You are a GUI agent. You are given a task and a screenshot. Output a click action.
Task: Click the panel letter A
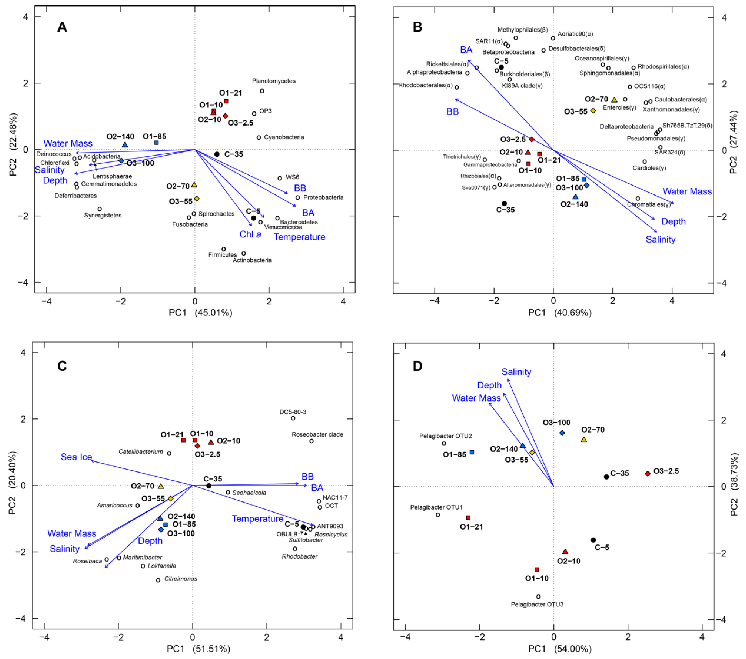click(x=62, y=27)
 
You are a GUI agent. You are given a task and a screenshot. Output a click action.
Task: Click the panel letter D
click(x=417, y=366)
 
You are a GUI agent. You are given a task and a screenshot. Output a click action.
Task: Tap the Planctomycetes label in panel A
click(x=274, y=81)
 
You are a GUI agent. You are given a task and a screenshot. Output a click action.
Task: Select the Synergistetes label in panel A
click(x=103, y=215)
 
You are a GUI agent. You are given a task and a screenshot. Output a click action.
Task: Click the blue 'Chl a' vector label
click(x=250, y=234)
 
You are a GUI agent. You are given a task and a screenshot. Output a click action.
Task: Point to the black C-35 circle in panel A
click(x=217, y=154)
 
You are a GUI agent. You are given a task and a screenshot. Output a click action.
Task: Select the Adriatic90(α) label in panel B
click(x=576, y=34)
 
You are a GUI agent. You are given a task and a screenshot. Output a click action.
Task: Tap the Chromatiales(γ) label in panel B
click(x=649, y=204)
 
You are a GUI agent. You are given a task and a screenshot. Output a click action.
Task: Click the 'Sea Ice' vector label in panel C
click(x=76, y=457)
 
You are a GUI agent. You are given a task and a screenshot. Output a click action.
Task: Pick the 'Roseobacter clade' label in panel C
click(x=317, y=435)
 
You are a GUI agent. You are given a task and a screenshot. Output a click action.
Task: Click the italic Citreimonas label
click(x=181, y=579)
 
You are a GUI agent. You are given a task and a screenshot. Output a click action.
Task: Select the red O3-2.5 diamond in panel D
click(x=648, y=474)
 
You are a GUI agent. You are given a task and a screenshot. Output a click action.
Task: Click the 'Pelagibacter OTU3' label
click(x=537, y=604)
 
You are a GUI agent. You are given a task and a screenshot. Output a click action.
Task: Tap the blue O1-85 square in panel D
click(x=472, y=452)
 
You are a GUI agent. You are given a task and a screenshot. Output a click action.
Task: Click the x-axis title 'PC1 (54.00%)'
click(x=560, y=649)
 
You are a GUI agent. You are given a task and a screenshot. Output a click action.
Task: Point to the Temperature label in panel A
click(x=300, y=237)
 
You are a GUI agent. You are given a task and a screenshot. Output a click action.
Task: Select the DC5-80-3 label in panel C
click(x=293, y=412)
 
